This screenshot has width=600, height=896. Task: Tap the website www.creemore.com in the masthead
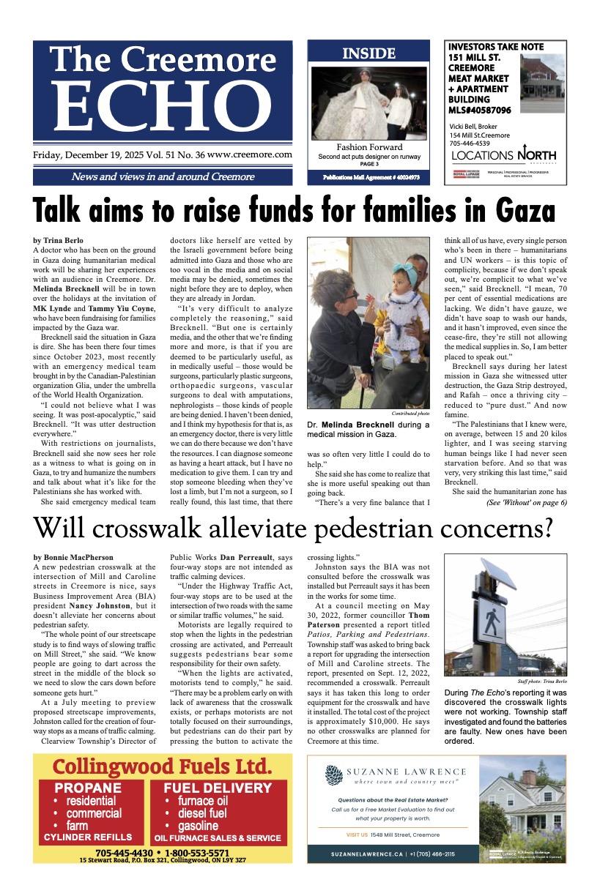coord(250,155)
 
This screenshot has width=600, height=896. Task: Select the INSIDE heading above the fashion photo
coord(368,53)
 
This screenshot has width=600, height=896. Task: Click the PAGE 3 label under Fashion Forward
coord(369,164)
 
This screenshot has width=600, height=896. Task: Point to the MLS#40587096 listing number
coord(480,110)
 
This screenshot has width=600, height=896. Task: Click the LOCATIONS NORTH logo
coord(503,155)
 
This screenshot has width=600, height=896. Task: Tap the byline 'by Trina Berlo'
coord(59,240)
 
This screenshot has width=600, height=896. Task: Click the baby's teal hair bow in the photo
coord(388,279)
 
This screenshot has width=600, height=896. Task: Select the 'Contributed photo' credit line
coord(412,414)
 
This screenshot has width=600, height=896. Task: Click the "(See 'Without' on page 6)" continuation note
coord(526,503)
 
